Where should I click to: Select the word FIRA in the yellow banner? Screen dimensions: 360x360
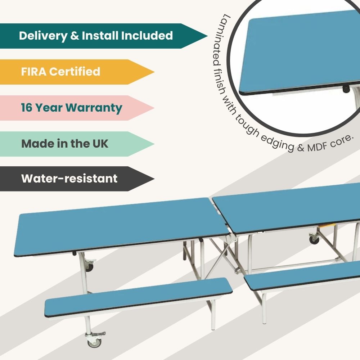click(33, 72)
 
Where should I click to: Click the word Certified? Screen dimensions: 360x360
click(75, 72)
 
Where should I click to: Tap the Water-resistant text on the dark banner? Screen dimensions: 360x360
click(69, 179)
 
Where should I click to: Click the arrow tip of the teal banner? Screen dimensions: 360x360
click(205, 36)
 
